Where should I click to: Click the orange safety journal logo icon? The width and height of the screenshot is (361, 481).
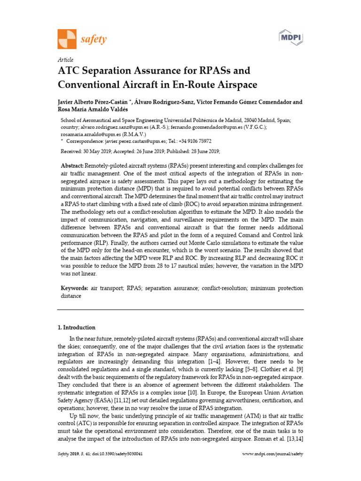click(66, 39)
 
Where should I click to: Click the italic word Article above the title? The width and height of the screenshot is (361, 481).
click(65, 60)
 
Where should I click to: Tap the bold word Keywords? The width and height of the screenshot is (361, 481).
click(75, 288)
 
